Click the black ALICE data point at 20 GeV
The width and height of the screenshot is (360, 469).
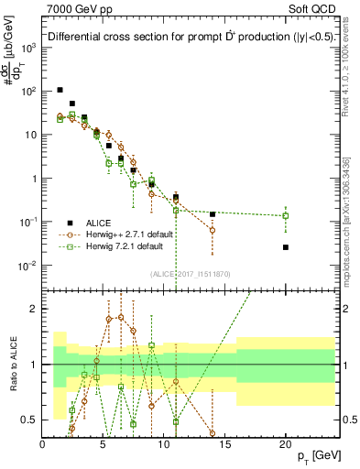point(286,247)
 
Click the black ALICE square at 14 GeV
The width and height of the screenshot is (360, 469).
point(213,214)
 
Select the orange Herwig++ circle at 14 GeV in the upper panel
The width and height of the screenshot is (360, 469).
point(213,230)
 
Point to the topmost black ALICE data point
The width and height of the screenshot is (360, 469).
point(60,90)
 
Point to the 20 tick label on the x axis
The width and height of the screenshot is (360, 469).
point(286,442)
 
